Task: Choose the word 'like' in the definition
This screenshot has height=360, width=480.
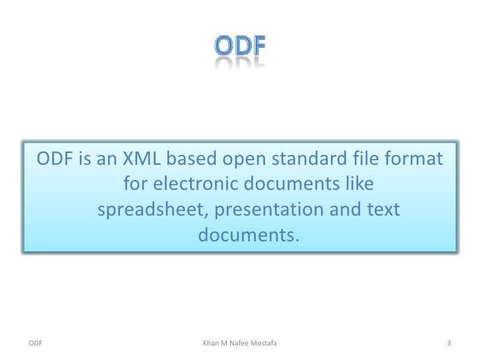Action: [359, 185]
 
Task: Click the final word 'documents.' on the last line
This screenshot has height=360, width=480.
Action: [248, 235]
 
